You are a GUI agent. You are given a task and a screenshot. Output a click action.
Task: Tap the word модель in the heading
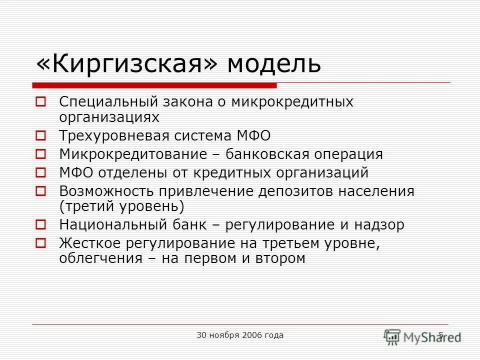coord(274,63)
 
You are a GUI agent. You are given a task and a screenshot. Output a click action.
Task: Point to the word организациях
coord(109,117)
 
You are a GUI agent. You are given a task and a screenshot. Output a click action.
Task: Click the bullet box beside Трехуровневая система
coord(41,136)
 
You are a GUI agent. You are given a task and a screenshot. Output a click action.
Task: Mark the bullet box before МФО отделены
coord(41,173)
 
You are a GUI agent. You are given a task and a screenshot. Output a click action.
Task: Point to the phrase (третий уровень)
coord(121,206)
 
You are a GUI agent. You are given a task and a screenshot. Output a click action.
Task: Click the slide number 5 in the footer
coord(441,335)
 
